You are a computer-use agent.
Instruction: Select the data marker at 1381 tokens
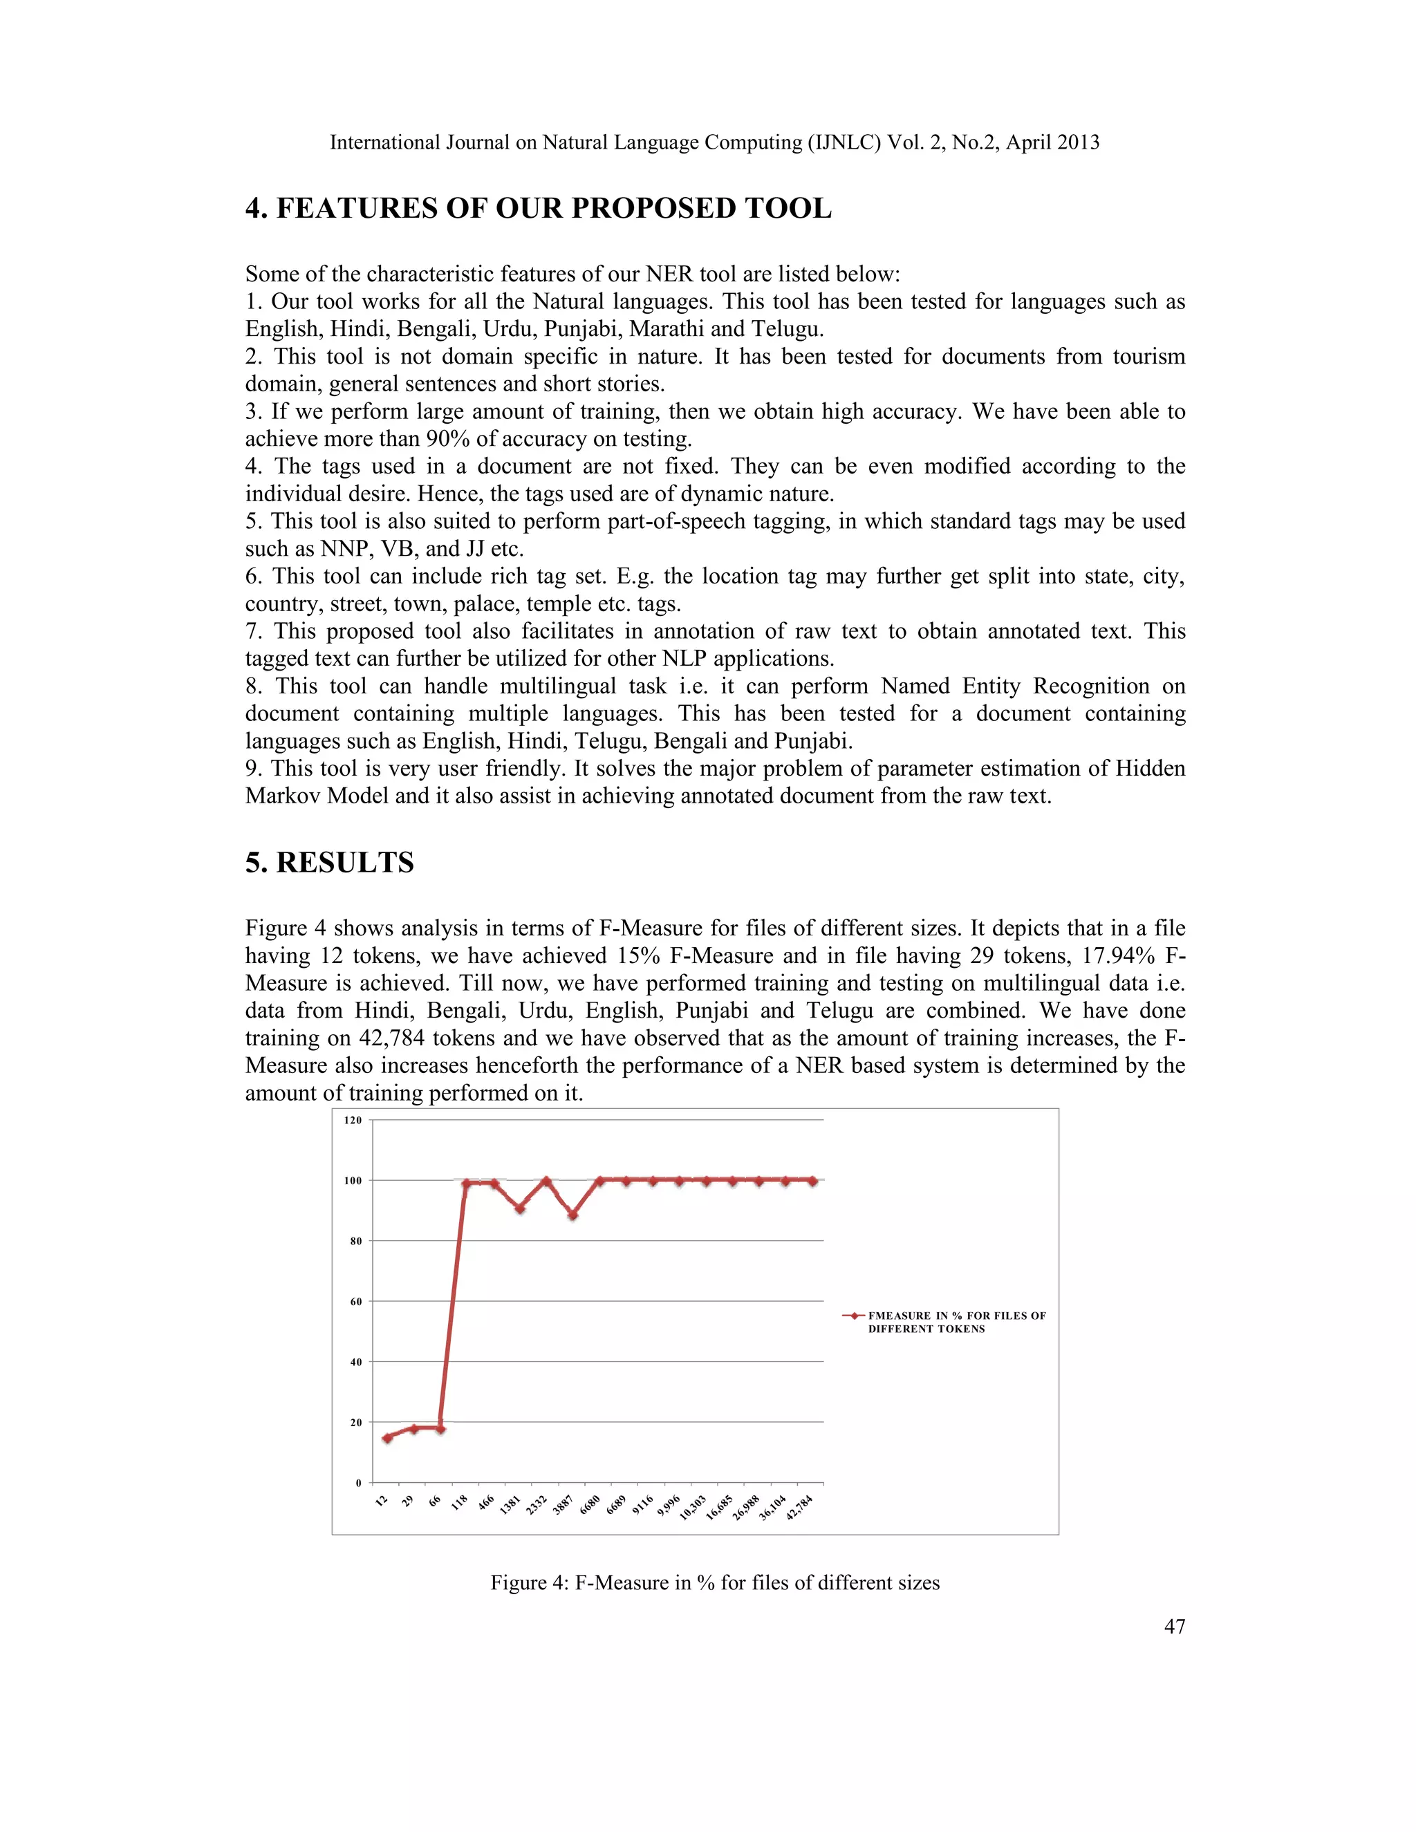[x=520, y=1208]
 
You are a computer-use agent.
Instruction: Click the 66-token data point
[x=440, y=1428]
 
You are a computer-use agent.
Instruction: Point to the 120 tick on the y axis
[x=353, y=1120]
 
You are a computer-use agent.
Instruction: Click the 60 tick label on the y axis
[x=355, y=1301]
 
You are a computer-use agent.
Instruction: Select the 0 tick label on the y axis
[x=358, y=1483]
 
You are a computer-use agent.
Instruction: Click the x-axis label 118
[x=459, y=1503]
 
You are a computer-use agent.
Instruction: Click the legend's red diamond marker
[x=854, y=1316]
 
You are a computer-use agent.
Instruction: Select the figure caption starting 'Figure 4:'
[x=715, y=1583]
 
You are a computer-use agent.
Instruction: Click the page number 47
[x=1175, y=1627]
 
